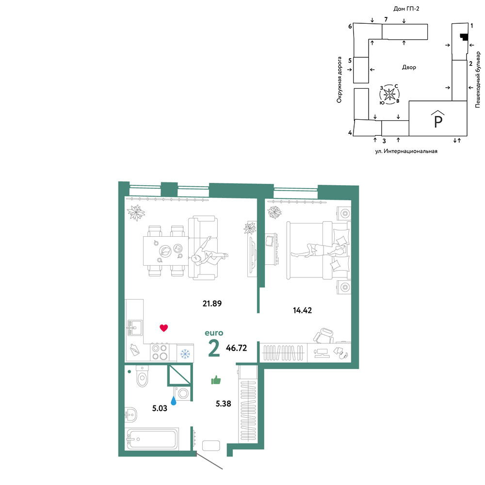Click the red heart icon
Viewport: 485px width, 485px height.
coord(163,328)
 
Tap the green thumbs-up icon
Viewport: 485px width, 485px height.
coord(216,380)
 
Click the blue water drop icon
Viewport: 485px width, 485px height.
coord(174,401)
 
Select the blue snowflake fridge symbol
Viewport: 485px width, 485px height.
coord(185,354)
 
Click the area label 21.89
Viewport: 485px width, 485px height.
coord(212,304)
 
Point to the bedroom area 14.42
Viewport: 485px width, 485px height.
coord(303,310)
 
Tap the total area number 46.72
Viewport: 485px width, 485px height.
coord(236,348)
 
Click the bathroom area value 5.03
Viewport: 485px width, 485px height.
coord(160,408)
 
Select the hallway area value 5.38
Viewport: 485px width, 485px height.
coord(223,404)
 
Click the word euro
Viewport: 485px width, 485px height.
coord(214,333)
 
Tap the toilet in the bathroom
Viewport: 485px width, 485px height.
coord(142,376)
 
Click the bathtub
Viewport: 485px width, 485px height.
coord(152,438)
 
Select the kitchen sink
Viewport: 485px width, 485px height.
coord(135,328)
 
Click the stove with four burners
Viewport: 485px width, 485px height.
coord(160,352)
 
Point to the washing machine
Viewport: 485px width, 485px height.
coord(182,393)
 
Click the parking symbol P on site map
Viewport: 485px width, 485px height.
coord(437,119)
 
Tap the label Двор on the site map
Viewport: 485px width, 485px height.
coord(409,67)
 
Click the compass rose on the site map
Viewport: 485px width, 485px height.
coord(389,94)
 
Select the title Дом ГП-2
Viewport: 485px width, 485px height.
coord(406,9)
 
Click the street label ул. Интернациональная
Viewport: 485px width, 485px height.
coord(406,151)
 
